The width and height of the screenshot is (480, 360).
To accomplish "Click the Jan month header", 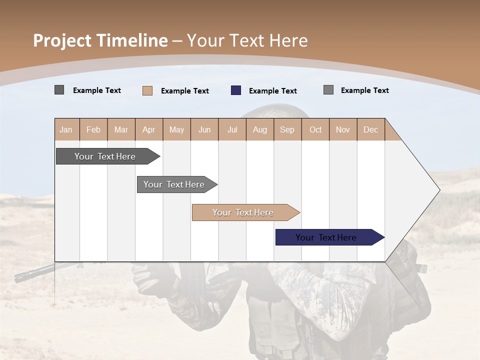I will [66, 129].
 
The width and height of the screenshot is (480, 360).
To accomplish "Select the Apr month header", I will [149, 129].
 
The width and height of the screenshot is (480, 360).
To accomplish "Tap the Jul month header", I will [232, 129].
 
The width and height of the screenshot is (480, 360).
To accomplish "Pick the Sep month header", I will [287, 129].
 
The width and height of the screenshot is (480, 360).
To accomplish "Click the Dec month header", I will [370, 129].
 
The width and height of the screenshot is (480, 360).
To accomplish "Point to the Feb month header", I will [93, 129].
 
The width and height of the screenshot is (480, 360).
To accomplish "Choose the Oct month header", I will [315, 129].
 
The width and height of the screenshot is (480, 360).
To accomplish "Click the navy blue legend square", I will [236, 90].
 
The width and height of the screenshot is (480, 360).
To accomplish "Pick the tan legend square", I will [147, 90].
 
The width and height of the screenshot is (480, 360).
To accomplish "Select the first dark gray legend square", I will [59, 90].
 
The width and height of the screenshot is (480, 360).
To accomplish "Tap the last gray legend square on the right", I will [328, 90].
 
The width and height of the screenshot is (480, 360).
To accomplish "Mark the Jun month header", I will [204, 129].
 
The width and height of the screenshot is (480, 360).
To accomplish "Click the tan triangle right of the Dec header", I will [391, 133].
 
